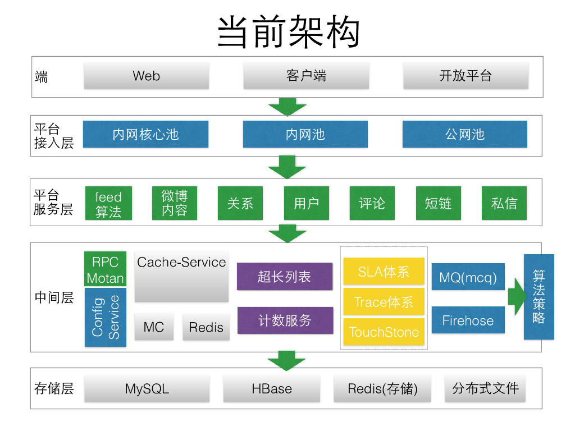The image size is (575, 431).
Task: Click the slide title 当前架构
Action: (x=287, y=32)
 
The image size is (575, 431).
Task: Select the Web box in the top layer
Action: (x=146, y=76)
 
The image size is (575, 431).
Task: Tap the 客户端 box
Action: (x=305, y=76)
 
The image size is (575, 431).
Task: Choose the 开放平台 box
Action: (x=466, y=76)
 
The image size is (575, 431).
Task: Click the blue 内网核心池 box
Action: (x=145, y=135)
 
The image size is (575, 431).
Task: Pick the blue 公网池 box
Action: (x=464, y=135)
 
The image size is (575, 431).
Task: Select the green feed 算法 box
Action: (x=108, y=203)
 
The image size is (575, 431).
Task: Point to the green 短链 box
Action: (x=438, y=203)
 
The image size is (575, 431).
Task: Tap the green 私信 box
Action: (x=504, y=203)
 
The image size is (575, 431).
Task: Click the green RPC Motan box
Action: (x=105, y=269)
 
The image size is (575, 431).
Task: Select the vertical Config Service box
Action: (x=105, y=317)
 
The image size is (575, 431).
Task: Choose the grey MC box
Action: (x=154, y=327)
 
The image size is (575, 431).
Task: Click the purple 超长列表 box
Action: (x=285, y=276)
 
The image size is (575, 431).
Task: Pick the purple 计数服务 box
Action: (x=285, y=320)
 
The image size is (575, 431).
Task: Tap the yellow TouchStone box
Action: (x=384, y=332)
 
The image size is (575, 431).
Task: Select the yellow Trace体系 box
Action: (x=384, y=302)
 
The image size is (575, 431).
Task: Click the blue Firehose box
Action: (x=468, y=320)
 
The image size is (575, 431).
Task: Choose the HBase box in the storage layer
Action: (x=272, y=388)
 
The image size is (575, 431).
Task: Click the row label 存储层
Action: (x=54, y=388)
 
